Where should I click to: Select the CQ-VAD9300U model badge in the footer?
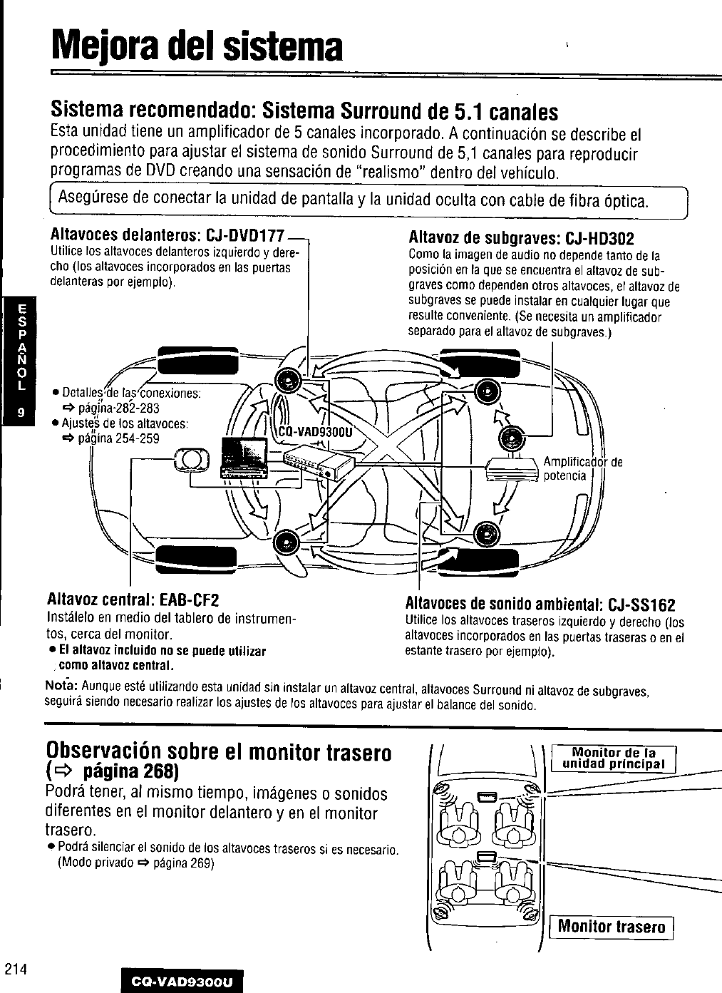(x=182, y=982)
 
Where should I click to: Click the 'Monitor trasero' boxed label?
(x=612, y=927)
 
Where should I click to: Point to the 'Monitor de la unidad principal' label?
(x=613, y=758)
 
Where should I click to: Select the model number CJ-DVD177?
(x=241, y=235)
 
